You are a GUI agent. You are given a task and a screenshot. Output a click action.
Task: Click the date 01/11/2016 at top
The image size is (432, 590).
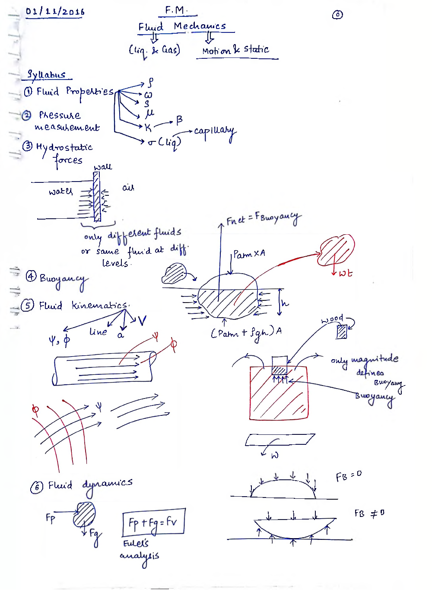click(55, 12)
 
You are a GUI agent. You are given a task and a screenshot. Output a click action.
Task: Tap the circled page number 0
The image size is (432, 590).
click(337, 15)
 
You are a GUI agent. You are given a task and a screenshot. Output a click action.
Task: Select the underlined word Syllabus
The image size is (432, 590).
click(46, 74)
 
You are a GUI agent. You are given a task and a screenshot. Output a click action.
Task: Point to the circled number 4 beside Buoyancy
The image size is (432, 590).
click(31, 276)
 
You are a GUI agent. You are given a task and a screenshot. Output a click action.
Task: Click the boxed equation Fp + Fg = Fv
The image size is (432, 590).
click(154, 522)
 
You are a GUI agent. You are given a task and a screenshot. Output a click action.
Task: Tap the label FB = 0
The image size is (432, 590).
click(349, 476)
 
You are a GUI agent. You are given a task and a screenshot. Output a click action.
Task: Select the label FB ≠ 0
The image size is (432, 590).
click(369, 513)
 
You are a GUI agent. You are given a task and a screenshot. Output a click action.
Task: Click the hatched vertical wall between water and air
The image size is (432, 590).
click(97, 197)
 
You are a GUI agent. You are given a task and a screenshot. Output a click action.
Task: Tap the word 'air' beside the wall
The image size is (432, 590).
click(128, 188)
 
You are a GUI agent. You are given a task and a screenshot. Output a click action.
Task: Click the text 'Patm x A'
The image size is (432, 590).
click(249, 254)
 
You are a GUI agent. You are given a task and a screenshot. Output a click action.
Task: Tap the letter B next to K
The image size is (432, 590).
click(179, 120)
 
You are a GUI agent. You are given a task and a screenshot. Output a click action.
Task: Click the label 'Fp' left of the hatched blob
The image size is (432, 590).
click(50, 518)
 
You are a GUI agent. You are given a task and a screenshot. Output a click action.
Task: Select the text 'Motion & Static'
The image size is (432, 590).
click(236, 50)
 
